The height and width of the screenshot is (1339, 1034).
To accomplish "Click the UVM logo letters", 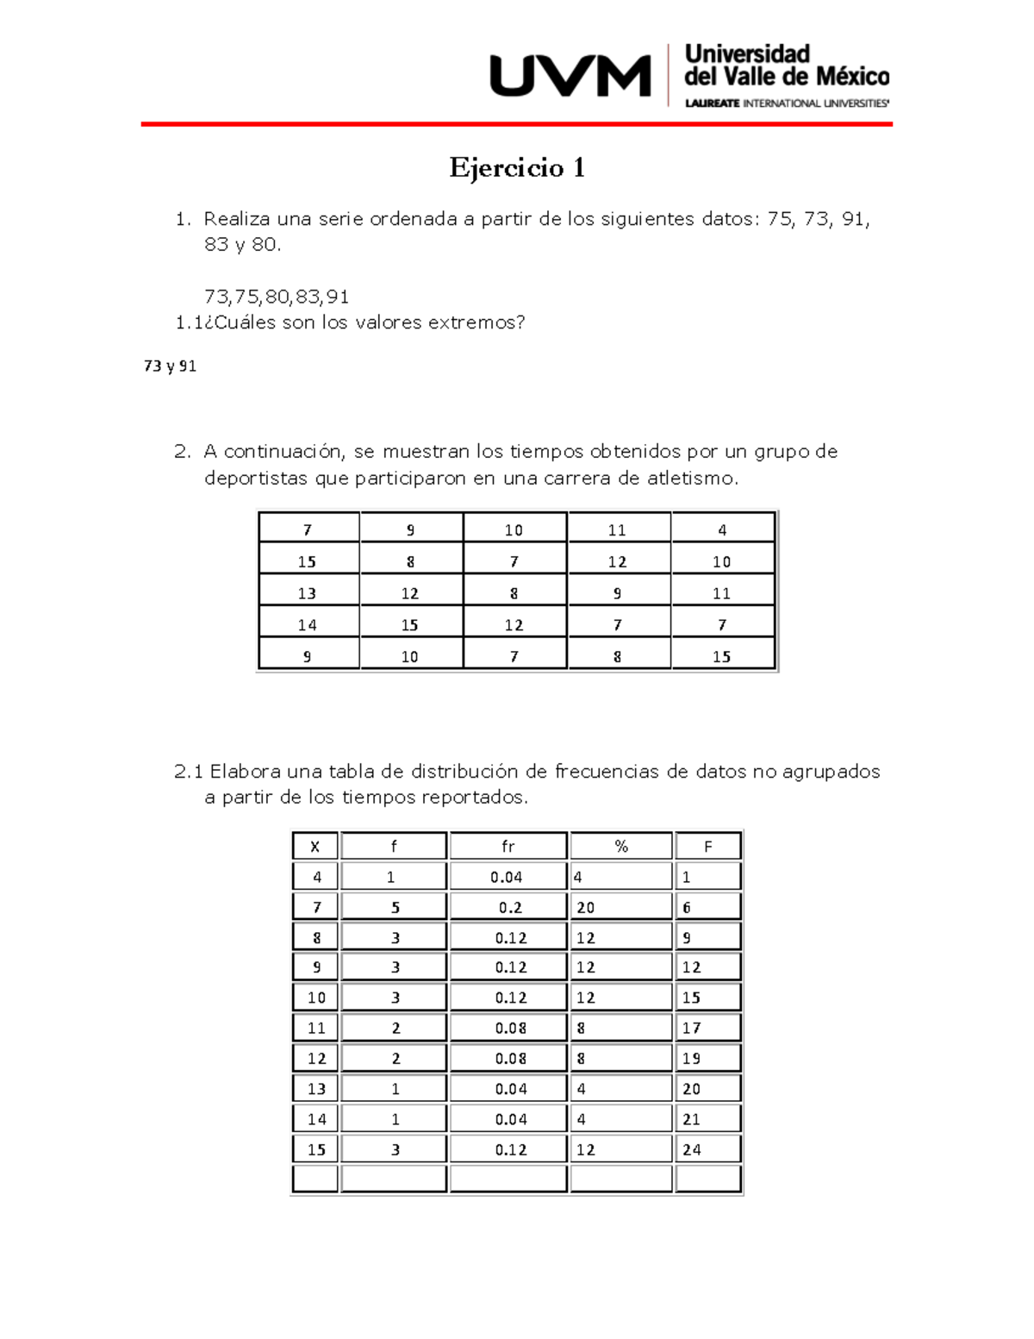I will click(x=570, y=76).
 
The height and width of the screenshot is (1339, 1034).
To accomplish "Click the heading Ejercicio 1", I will click(x=517, y=167).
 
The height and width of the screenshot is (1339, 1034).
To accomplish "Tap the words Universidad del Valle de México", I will click(x=785, y=66).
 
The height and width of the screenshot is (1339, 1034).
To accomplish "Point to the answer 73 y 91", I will click(x=170, y=366).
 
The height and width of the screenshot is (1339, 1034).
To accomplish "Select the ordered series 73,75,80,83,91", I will click(x=277, y=297).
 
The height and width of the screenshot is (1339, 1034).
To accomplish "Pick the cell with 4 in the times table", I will click(x=722, y=530).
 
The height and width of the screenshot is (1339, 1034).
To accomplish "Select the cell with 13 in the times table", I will click(x=308, y=593).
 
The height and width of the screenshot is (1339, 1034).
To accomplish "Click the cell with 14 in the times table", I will click(x=308, y=625).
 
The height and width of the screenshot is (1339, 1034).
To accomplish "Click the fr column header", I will click(x=508, y=847).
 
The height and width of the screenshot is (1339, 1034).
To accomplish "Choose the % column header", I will click(x=621, y=847).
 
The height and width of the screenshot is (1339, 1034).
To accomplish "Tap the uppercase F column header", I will click(x=708, y=847).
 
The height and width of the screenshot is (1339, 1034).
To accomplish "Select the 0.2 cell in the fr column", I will click(x=509, y=908).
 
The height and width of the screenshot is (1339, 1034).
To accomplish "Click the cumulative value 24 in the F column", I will click(x=692, y=1150).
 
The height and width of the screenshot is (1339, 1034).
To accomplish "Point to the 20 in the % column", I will click(x=586, y=908).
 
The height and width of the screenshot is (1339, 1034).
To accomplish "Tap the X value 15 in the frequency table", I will click(x=316, y=1150).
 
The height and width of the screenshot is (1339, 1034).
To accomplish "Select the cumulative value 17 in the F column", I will click(x=692, y=1029).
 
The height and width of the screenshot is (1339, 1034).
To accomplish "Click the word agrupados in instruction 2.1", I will click(x=831, y=772).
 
